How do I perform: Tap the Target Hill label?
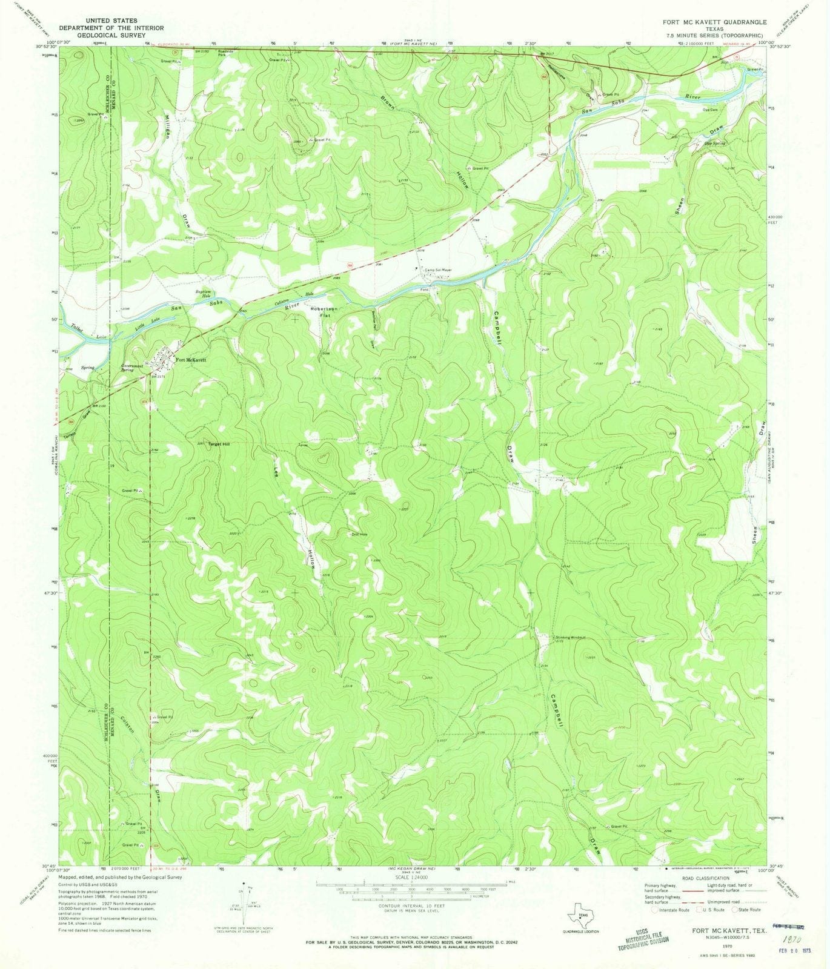[219, 444]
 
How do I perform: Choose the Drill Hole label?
[360, 534]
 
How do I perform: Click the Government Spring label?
[131, 368]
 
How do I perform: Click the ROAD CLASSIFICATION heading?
[705, 878]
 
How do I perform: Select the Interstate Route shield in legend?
[655, 910]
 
